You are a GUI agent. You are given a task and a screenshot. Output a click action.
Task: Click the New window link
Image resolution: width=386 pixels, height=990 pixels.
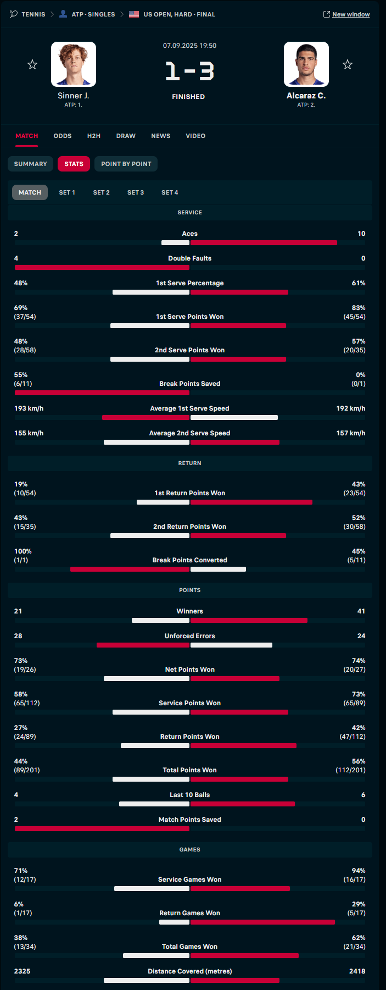pos(350,14)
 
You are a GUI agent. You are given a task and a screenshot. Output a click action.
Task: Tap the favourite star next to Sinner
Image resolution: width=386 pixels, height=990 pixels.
pos(32,65)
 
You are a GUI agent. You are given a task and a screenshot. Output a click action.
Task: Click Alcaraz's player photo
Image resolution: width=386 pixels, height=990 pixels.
pos(306,64)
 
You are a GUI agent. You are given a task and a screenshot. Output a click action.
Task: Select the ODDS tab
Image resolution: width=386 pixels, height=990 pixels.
pos(63,136)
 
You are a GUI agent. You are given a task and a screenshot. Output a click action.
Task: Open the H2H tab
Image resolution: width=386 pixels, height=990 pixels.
pos(94,136)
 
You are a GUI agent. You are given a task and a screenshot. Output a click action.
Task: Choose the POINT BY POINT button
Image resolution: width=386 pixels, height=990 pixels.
pos(126,164)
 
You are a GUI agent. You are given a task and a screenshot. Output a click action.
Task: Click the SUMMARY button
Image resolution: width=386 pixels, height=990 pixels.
pos(31,164)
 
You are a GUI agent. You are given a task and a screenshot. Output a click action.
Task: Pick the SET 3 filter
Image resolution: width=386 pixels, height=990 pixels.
pos(136,192)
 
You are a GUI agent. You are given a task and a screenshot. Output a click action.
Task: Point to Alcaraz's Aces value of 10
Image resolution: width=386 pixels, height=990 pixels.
pos(361,234)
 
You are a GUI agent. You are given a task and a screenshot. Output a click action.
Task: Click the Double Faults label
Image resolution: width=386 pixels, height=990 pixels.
pos(189,258)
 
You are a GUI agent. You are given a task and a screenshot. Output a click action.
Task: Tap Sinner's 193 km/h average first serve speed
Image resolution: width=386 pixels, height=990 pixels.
pos(29,408)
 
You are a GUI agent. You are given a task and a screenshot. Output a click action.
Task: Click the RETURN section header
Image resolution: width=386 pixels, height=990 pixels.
pos(189,463)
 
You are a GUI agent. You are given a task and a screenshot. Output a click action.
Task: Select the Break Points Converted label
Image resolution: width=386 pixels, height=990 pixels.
pos(189,560)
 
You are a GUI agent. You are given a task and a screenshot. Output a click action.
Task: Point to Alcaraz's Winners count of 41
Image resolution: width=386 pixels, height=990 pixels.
pos(361,611)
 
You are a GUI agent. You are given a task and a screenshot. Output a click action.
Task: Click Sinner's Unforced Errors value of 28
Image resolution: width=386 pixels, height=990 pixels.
pos(18,636)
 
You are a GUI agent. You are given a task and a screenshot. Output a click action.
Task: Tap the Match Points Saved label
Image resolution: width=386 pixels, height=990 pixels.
pos(189,820)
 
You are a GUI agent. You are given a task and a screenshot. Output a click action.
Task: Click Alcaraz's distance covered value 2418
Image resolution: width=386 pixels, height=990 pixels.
pos(357,971)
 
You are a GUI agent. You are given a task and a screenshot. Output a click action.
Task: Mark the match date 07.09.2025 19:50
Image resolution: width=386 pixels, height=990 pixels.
pos(189,46)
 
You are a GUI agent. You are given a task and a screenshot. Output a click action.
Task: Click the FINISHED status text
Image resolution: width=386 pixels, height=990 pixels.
pos(188,97)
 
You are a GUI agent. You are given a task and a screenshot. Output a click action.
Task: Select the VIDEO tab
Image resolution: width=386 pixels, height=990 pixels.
pos(195,136)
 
